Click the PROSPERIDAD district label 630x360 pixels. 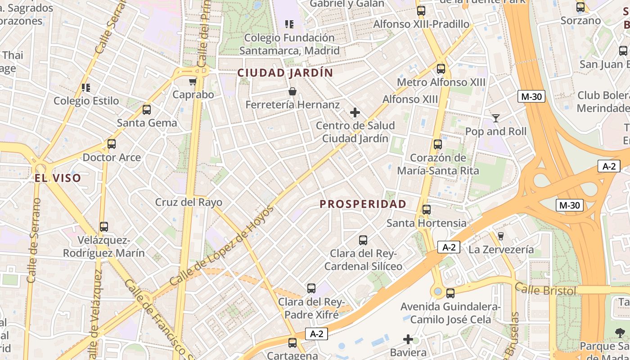click(363, 204)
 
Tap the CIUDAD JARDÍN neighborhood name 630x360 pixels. click(285, 73)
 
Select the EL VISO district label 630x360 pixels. click(58, 178)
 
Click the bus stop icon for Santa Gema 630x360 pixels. click(147, 110)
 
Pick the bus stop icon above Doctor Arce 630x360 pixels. click(112, 144)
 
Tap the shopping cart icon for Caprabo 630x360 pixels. click(193, 81)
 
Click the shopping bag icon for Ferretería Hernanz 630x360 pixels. click(292, 91)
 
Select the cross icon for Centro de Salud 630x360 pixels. click(355, 112)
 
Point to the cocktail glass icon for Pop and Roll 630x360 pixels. click(495, 118)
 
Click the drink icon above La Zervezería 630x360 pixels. click(500, 236)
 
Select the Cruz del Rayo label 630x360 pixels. click(189, 202)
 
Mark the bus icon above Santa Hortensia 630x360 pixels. click(426, 210)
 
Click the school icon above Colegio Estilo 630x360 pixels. click(86, 87)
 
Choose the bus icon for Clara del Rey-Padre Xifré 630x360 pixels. click(311, 288)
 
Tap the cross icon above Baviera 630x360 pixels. click(408, 339)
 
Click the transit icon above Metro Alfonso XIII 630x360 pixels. click(441, 69)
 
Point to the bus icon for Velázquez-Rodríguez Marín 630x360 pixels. click(104, 227)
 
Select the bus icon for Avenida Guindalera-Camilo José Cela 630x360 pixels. click(450, 293)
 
